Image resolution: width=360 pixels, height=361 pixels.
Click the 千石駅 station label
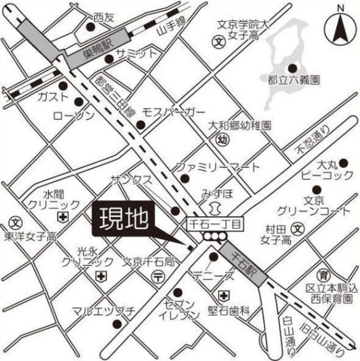[244, 263]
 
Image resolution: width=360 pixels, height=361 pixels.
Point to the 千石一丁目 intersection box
[214, 224]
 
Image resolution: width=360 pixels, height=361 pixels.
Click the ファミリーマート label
[217, 167]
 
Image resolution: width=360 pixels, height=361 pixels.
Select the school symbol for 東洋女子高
[16, 221]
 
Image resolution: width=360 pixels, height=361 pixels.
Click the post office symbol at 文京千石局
[160, 276]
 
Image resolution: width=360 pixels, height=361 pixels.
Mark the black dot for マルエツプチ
[117, 324]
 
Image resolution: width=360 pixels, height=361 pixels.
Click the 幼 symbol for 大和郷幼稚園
[223, 139]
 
